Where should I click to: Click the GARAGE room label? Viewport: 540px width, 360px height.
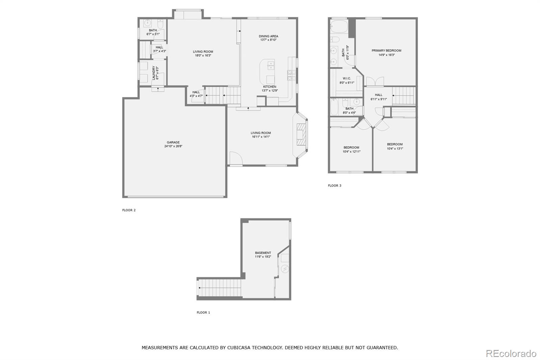click(173, 143)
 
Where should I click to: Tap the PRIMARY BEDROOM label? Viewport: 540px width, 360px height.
click(386, 51)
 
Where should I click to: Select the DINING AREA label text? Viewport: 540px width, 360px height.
click(268, 36)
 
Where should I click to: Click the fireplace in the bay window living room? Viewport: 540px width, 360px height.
click(301, 134)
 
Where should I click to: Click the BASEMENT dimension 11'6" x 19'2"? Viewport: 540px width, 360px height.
click(263, 257)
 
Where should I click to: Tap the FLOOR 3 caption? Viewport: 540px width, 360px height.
click(334, 185)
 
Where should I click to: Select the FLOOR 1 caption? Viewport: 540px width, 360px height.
click(203, 312)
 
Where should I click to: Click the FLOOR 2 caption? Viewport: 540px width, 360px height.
click(129, 210)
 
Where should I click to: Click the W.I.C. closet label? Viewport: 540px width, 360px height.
click(347, 78)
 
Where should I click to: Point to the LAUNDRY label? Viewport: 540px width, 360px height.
click(154, 73)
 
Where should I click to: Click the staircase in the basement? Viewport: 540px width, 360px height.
click(219, 288)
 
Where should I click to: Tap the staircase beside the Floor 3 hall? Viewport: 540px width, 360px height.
click(404, 96)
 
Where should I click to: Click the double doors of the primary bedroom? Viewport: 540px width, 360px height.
click(375, 81)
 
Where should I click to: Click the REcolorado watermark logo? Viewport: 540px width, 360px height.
click(511, 353)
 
